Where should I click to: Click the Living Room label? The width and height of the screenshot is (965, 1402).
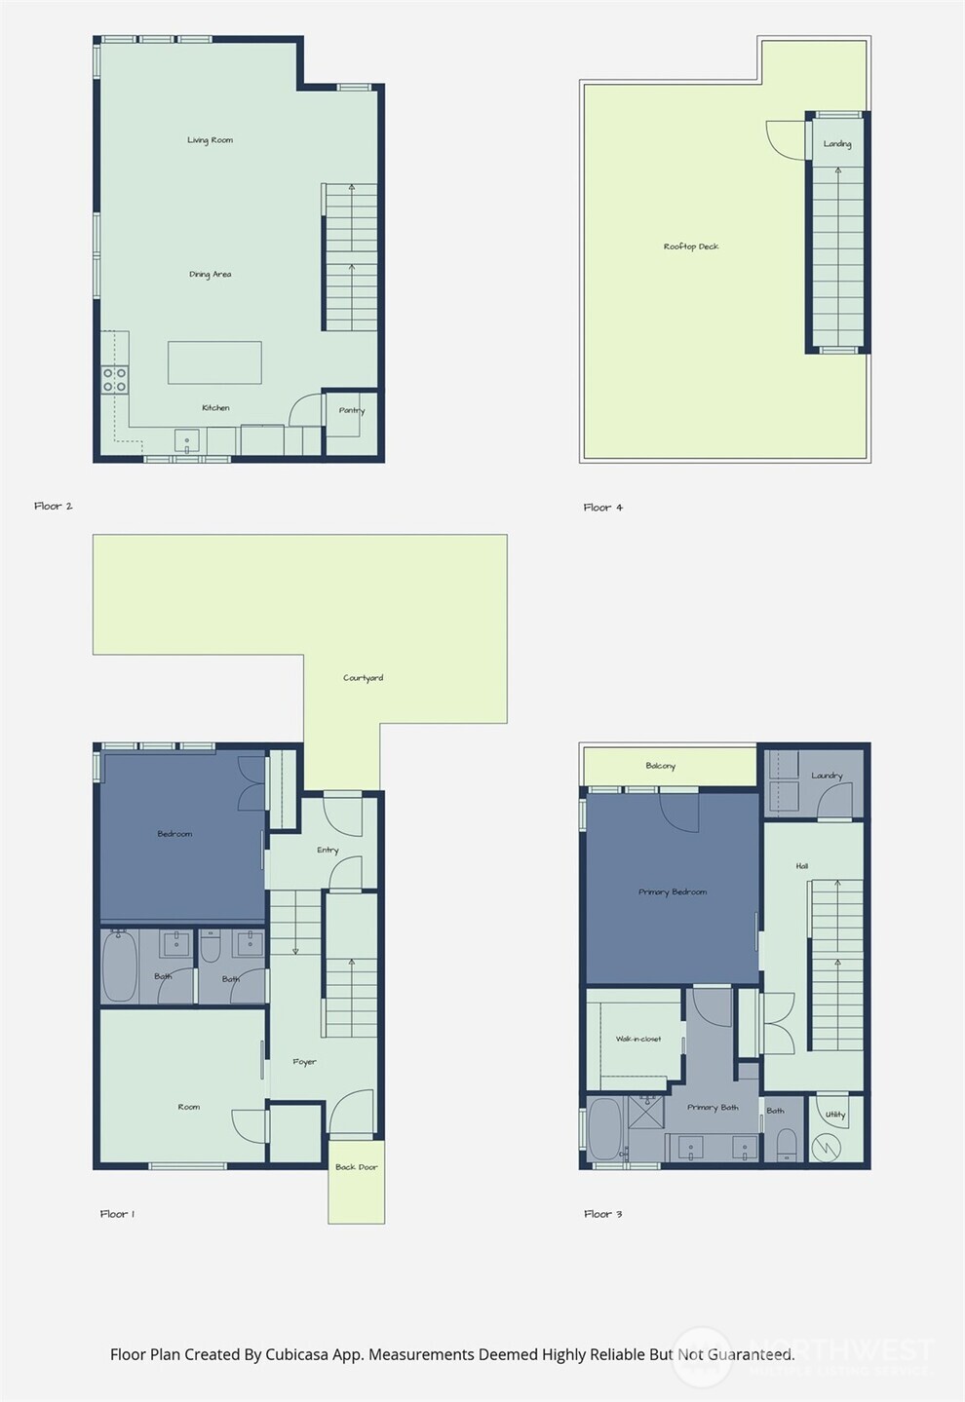point(210,140)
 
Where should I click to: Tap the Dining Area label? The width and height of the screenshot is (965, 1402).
point(210,275)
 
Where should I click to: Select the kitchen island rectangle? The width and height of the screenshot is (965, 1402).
point(214,362)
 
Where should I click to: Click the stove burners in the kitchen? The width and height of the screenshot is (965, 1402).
point(115,380)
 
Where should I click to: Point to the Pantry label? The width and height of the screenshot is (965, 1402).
point(352,410)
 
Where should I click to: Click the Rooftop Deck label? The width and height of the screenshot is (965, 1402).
point(691,246)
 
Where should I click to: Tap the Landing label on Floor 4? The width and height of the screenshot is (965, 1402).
point(837,144)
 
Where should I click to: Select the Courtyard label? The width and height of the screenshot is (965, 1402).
point(363,678)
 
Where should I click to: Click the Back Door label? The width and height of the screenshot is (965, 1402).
point(356,1167)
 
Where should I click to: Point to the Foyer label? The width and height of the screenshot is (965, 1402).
point(304,1062)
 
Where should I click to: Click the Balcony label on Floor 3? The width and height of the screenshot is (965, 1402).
point(660,766)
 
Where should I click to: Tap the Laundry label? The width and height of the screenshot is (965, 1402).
point(827,776)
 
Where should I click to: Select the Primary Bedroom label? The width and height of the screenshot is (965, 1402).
point(673,892)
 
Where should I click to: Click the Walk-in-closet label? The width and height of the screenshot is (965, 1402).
point(638,1040)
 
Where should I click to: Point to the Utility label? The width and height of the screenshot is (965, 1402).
point(835,1116)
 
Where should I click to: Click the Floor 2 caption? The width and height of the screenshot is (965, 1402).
point(54,507)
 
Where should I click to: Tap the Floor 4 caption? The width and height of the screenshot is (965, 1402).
point(603,508)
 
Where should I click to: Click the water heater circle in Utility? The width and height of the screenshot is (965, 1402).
point(828,1146)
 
